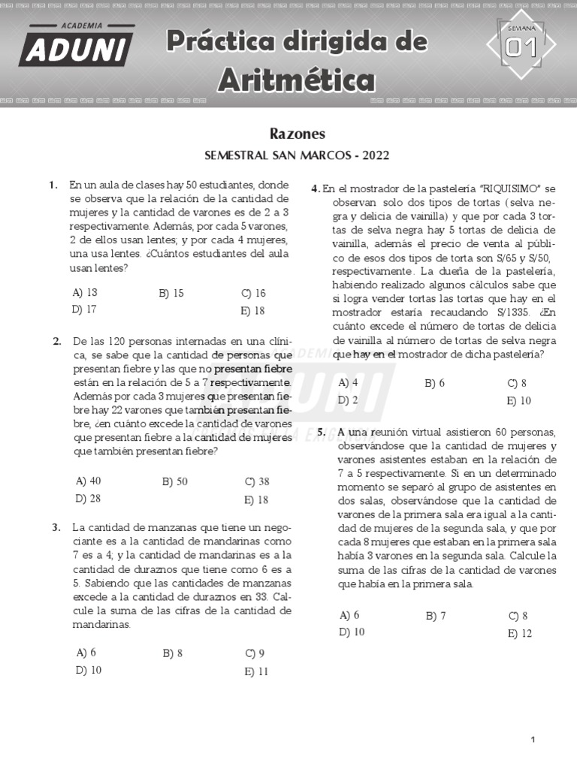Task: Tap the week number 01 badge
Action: [521, 47]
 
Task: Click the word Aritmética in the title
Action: [296, 79]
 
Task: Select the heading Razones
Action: [297, 134]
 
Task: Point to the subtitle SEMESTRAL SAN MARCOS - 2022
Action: [297, 156]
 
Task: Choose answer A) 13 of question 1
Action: [85, 293]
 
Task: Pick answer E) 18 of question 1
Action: [253, 310]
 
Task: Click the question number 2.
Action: [57, 342]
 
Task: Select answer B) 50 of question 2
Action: [174, 481]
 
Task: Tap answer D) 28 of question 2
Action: [87, 498]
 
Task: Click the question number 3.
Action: [57, 527]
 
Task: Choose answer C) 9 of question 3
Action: [255, 653]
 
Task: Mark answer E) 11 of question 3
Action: [255, 671]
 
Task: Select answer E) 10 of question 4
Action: [518, 400]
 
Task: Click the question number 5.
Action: [322, 432]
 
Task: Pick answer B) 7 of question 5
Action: [436, 616]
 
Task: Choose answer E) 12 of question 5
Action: [519, 633]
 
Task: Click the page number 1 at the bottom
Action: [533, 740]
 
